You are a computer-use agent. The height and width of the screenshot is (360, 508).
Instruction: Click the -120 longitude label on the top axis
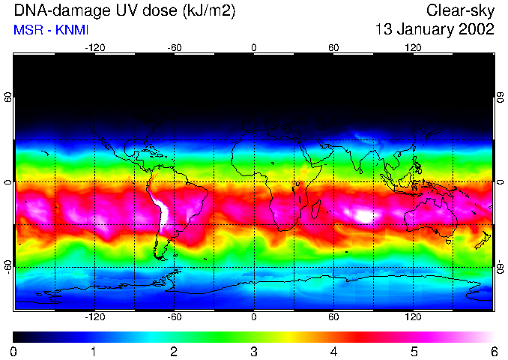point(94,47)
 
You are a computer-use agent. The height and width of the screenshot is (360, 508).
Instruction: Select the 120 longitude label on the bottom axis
point(413,317)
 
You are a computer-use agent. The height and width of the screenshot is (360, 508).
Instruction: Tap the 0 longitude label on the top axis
point(254,47)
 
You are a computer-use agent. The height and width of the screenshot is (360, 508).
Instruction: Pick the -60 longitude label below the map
point(174,317)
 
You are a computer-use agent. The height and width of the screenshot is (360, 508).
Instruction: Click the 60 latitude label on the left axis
point(7,97)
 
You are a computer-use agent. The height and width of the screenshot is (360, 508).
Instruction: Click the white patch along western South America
point(159,210)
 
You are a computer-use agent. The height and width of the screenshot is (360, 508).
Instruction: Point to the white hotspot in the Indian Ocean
point(365,216)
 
